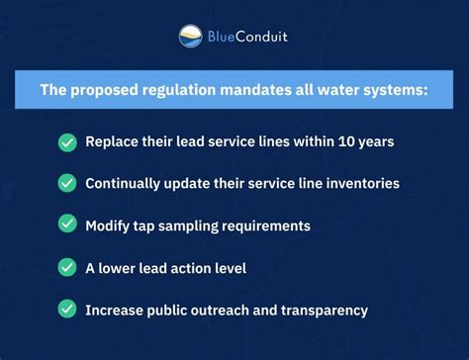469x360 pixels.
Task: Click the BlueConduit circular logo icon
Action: (x=191, y=38)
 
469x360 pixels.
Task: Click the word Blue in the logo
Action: (x=223, y=38)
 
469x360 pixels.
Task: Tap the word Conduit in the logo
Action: (x=266, y=38)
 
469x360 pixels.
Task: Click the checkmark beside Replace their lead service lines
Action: (x=67, y=141)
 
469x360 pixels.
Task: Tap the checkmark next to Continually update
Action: (x=67, y=183)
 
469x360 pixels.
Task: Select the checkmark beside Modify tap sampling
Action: (x=67, y=225)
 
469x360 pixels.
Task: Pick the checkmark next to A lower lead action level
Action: (x=67, y=267)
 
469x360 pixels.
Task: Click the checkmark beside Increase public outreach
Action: (x=67, y=310)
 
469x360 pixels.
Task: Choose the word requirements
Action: (x=265, y=226)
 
